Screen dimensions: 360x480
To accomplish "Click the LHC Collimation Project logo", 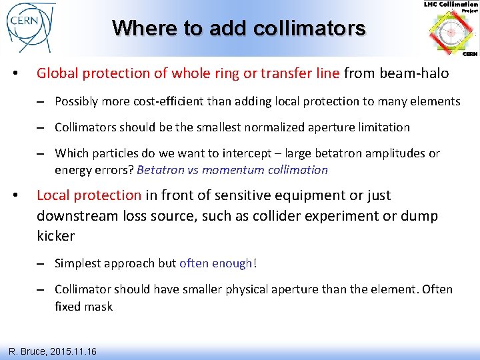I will click(451, 30).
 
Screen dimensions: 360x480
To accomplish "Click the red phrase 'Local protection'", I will click(89, 195).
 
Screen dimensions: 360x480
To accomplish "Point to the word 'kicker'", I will click(56, 236).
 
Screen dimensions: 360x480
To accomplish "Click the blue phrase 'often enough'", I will click(216, 263).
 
